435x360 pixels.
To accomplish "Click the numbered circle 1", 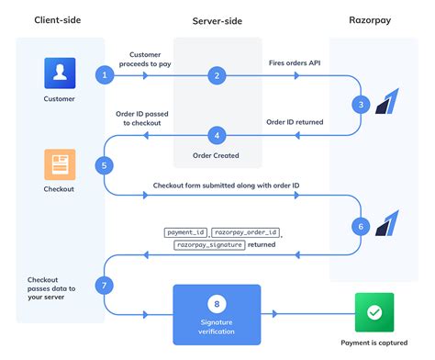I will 107,74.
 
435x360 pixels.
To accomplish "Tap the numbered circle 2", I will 216,74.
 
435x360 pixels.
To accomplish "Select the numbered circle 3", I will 362,105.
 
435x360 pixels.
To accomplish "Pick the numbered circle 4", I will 217,135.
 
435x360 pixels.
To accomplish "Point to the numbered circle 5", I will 106,165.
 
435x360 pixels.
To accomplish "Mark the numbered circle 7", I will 106,286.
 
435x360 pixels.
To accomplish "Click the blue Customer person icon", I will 58,73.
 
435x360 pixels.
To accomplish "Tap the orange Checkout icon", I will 58,164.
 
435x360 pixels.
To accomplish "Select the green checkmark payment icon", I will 374,312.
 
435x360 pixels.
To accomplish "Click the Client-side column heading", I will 60,19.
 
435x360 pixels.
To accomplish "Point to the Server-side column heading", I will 217,20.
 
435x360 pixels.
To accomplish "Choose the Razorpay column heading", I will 374,19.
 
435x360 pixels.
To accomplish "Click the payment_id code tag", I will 186,232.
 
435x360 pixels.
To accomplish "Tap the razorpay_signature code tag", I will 209,245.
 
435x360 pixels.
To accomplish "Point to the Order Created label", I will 217,155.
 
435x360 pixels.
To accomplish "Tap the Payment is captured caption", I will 374,343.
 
